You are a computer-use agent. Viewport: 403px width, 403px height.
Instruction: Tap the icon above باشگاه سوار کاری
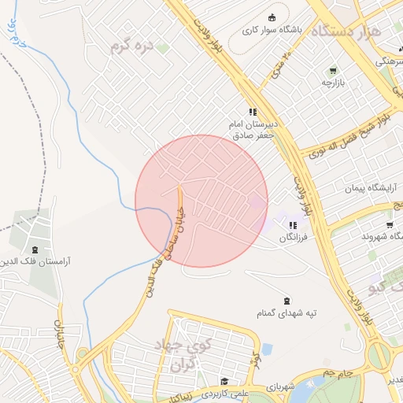pyautogui.click(x=272, y=17)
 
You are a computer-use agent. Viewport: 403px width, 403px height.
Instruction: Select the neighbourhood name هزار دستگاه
pyautogui.click(x=347, y=32)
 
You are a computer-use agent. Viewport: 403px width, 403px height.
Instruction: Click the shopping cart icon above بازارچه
pyautogui.click(x=332, y=70)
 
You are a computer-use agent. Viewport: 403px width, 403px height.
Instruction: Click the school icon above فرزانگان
pyautogui.click(x=293, y=225)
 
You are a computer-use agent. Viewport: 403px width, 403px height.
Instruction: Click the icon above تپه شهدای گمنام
pyautogui.click(x=286, y=299)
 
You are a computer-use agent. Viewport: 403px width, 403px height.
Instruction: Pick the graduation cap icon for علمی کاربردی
pyautogui.click(x=224, y=380)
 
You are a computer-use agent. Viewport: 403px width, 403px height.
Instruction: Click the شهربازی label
pyautogui.click(x=279, y=387)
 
